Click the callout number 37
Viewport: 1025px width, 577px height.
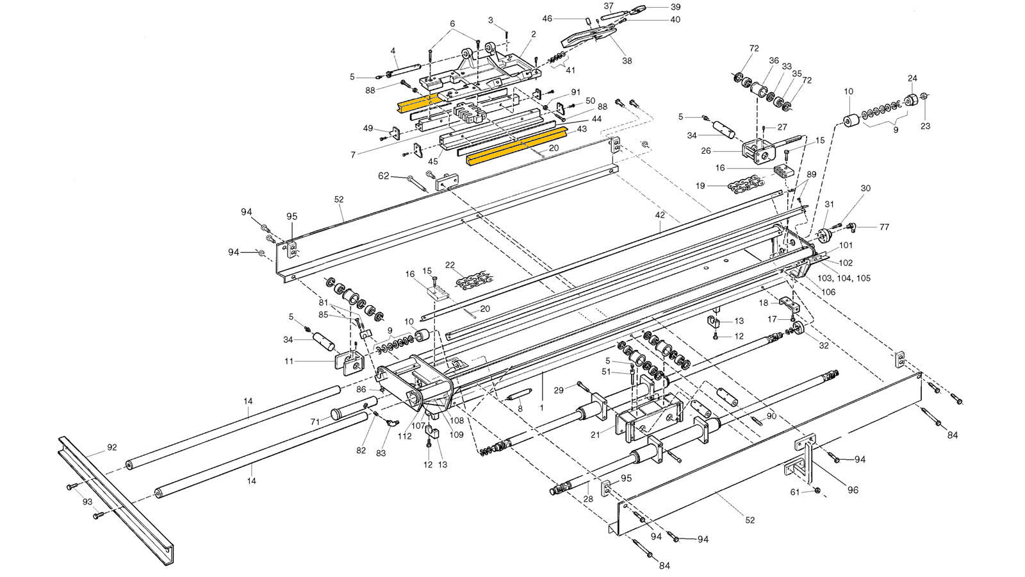[609, 6]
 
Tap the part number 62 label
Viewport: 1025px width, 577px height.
[383, 175]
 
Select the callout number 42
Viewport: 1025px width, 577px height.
[660, 215]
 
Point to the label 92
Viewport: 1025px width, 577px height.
[112, 447]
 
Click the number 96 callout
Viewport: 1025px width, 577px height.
[853, 490]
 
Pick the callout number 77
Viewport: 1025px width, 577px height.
[884, 226]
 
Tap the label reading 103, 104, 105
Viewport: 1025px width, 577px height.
[844, 278]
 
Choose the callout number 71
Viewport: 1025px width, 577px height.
[315, 421]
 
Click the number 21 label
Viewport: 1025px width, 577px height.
[595, 435]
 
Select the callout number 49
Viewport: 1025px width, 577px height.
[368, 128]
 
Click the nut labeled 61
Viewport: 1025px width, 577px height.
[818, 490]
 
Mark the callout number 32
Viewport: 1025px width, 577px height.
[824, 345]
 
